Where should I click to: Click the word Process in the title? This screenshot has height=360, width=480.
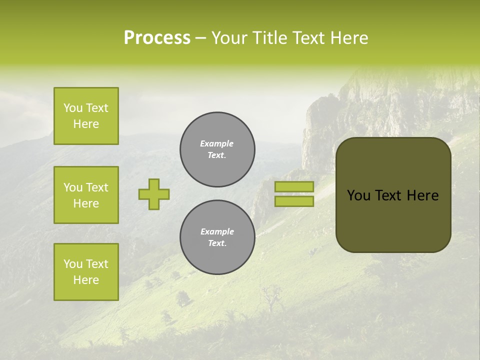pyautogui.click(x=157, y=38)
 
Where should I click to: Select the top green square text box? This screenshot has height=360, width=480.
pyautogui.click(x=86, y=116)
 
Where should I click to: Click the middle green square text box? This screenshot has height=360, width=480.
pyautogui.click(x=86, y=195)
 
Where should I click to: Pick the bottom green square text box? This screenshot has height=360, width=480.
pyautogui.click(x=86, y=272)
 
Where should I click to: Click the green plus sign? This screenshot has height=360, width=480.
pyautogui.click(x=154, y=194)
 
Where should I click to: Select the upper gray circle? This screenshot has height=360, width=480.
pyautogui.click(x=217, y=149)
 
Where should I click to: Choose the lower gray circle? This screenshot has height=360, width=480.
pyautogui.click(x=217, y=237)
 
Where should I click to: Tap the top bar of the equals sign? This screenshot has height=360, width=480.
pyautogui.click(x=294, y=187)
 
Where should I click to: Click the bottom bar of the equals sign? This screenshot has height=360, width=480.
pyautogui.click(x=294, y=201)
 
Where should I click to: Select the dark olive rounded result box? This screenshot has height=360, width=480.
pyautogui.click(x=393, y=220)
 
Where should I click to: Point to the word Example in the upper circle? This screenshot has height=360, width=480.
pyautogui.click(x=216, y=143)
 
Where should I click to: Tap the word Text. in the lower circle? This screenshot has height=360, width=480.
pyautogui.click(x=217, y=243)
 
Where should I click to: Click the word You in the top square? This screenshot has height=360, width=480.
pyautogui.click(x=72, y=108)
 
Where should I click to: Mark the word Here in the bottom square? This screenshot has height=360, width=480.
pyautogui.click(x=86, y=280)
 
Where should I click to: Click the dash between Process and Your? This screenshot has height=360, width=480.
pyautogui.click(x=200, y=38)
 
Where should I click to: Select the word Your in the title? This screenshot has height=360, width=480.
pyautogui.click(x=230, y=38)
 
